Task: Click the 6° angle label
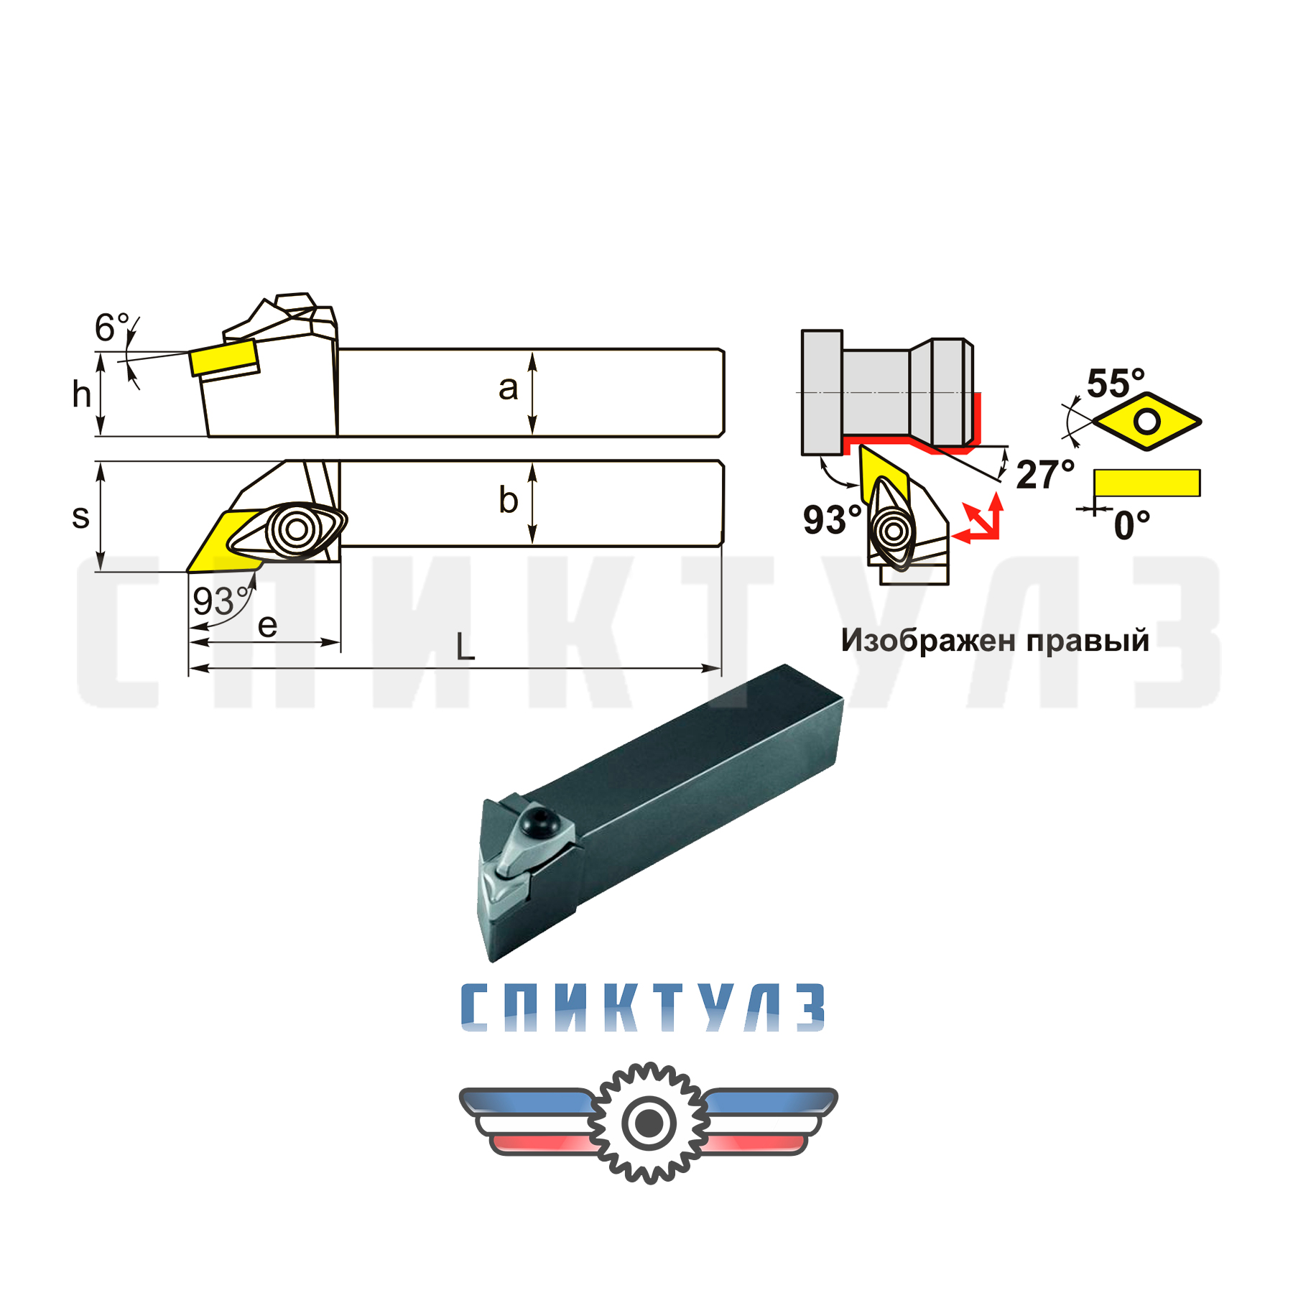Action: (x=113, y=328)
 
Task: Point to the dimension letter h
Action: (x=81, y=394)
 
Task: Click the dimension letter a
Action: (x=508, y=389)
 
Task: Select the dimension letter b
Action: (x=508, y=499)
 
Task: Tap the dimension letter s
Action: (x=80, y=516)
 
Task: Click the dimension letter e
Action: (x=267, y=626)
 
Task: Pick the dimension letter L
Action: (x=465, y=646)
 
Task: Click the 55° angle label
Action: (x=1116, y=383)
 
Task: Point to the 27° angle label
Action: (x=1045, y=475)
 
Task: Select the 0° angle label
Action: (x=1132, y=526)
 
